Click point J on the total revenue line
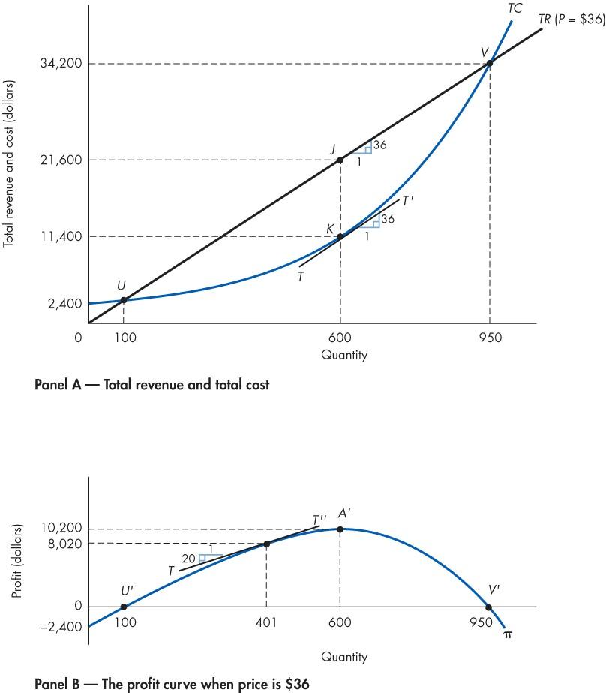tap(340, 160)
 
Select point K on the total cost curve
tap(340, 237)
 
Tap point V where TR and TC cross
tap(490, 64)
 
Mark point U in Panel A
tap(123, 300)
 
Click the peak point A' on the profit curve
tap(340, 529)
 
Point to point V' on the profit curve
tap(489, 607)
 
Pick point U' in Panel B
tap(123, 607)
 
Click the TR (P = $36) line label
tap(571, 20)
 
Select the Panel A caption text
tap(152, 385)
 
